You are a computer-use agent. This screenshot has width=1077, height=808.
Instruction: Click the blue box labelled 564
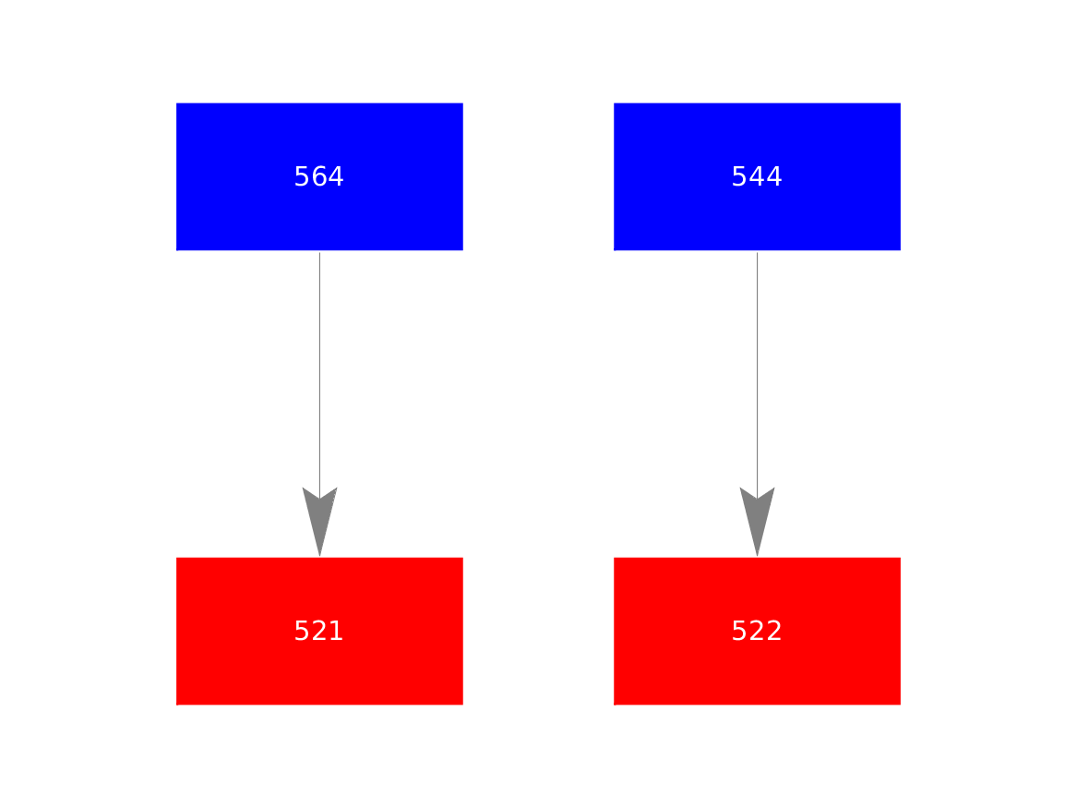[319, 176]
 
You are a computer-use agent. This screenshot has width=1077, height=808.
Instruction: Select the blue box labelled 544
[757, 176]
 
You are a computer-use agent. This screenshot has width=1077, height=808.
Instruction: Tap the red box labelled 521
[319, 631]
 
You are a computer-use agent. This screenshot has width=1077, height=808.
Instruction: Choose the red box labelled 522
[757, 631]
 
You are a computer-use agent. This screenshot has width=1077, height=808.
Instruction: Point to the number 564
[318, 176]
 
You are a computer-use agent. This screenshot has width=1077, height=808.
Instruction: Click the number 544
[756, 176]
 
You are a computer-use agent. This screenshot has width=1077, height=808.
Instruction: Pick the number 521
[318, 631]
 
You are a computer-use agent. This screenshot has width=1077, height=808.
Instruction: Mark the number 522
[756, 631]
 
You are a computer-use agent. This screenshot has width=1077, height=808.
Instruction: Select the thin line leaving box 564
[319, 375]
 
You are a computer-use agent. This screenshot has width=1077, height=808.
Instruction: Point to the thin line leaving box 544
[757, 375]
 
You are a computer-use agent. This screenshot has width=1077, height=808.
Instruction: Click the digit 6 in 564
[318, 176]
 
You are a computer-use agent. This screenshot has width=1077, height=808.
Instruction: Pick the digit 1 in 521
[337, 631]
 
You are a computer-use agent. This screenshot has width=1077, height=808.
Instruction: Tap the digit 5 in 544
[739, 176]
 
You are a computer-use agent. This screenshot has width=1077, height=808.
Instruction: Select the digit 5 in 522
[739, 631]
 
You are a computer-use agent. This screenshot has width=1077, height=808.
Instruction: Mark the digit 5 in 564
[302, 176]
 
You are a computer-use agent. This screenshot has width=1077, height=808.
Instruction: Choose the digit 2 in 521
[318, 631]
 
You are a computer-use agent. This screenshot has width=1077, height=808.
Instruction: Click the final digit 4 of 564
[336, 176]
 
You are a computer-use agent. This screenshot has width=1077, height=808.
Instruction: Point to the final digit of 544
[774, 176]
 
